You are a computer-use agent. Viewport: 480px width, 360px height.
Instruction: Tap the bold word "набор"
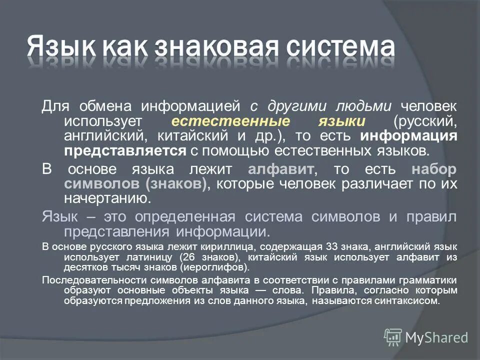434,168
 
